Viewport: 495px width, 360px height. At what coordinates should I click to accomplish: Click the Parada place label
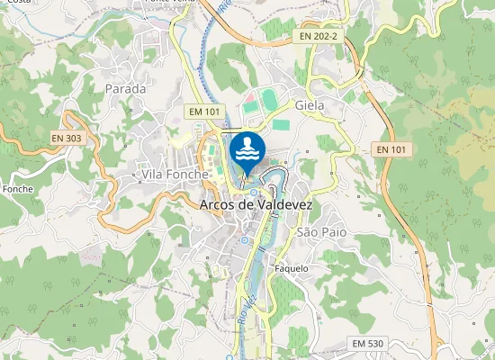(125, 88)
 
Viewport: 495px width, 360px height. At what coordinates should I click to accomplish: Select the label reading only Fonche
(18, 190)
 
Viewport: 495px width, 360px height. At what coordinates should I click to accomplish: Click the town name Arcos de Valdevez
(255, 205)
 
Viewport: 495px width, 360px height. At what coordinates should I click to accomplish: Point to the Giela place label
(321, 104)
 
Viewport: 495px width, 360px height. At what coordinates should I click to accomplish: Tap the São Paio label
(321, 232)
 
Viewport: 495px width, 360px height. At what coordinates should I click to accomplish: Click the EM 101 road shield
(204, 111)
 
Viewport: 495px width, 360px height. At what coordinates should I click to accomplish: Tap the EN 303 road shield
(66, 138)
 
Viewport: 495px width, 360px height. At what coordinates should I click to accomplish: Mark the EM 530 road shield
(368, 344)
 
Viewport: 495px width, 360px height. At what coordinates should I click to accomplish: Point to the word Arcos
(215, 205)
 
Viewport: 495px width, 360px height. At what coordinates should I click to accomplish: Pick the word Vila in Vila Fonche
(149, 172)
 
